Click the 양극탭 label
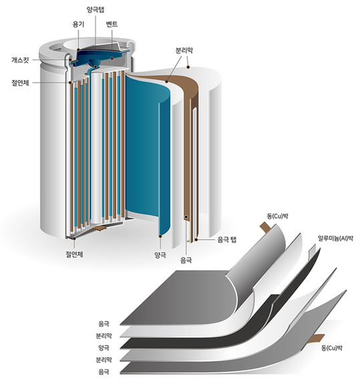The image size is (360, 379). [x=96, y=9]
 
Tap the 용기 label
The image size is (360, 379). [x=78, y=25]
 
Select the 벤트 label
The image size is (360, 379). [x=112, y=24]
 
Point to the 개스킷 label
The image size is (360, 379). [x=20, y=59]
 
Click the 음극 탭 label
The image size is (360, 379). [x=226, y=240]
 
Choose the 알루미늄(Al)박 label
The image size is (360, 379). [x=335, y=238]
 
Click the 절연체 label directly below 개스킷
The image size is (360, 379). [x=20, y=83]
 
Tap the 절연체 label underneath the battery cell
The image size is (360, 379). [x=75, y=254]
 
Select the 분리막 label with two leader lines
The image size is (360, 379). [x=184, y=51]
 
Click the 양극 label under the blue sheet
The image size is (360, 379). [x=160, y=255]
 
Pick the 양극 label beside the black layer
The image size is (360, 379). [x=104, y=348]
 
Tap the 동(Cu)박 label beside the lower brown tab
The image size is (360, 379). [x=332, y=348]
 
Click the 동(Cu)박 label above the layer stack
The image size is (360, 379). [x=277, y=216]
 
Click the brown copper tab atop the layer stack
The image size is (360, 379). [x=265, y=228]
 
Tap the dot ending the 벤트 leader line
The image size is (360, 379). [x=112, y=58]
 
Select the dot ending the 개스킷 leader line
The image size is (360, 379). [x=70, y=59]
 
